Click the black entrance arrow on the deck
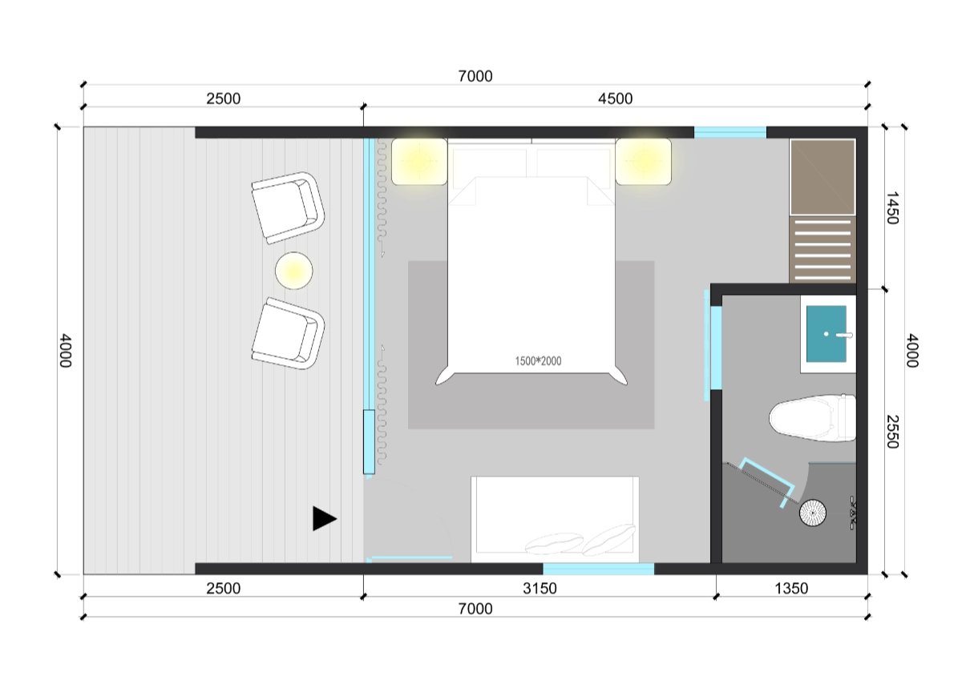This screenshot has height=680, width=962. pyautogui.click(x=323, y=518)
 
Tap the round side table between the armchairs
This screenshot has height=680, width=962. pyautogui.click(x=293, y=271)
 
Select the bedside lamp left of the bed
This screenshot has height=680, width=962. pyautogui.click(x=419, y=161)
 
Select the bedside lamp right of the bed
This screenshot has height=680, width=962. pyautogui.click(x=643, y=161)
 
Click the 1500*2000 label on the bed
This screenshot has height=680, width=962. pyautogui.click(x=538, y=361)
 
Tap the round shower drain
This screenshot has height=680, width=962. pyautogui.click(x=813, y=513)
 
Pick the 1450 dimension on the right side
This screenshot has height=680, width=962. pyautogui.click(x=892, y=208)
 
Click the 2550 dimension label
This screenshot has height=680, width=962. pyautogui.click(x=892, y=431)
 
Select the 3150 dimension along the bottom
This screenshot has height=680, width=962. pyautogui.click(x=540, y=588)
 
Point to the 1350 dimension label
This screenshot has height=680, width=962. pyautogui.click(x=791, y=588)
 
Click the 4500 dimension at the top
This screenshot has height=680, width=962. pyautogui.click(x=615, y=99)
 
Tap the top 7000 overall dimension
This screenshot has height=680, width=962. pyautogui.click(x=475, y=76)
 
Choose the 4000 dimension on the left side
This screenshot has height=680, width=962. pyautogui.click(x=65, y=351)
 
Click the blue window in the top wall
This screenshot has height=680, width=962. pyautogui.click(x=730, y=132)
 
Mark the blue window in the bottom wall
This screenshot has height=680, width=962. pyautogui.click(x=598, y=569)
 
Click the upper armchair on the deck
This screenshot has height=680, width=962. pyautogui.click(x=288, y=208)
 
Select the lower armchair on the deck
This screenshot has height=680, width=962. pyautogui.click(x=288, y=333)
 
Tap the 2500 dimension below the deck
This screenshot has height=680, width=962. pyautogui.click(x=224, y=588)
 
